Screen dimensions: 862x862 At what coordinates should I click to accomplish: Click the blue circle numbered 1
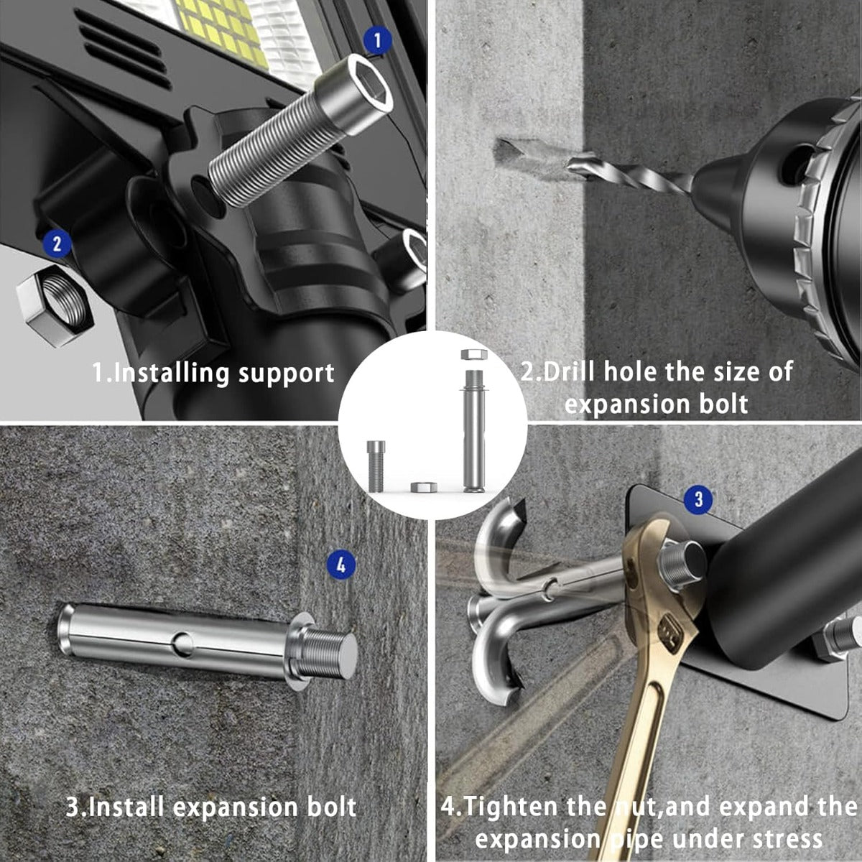click(376, 41)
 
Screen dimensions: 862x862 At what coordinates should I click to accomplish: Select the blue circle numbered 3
click(699, 499)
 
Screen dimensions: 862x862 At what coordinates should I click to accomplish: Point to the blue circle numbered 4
click(341, 565)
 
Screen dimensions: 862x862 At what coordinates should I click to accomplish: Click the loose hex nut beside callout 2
click(55, 305)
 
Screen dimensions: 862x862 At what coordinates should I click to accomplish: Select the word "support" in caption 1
click(287, 373)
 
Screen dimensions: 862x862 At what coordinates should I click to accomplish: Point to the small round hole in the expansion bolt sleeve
click(182, 643)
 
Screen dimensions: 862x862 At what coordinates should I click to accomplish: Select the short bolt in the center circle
click(376, 466)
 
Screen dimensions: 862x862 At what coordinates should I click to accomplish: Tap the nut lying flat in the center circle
click(424, 486)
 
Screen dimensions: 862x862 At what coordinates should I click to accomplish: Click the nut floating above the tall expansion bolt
click(474, 354)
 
